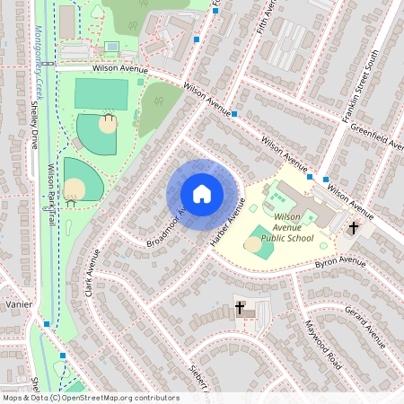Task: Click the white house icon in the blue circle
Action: coord(202,193)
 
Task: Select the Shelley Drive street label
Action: coord(35,125)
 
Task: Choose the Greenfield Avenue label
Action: coord(377,135)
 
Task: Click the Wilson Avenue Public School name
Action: coord(287,228)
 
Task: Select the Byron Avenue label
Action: coord(340,263)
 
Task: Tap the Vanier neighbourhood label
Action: coord(17,305)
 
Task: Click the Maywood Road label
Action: coord(323,346)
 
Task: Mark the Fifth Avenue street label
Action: coord(264,18)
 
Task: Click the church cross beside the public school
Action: coord(354,228)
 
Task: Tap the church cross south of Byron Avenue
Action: coord(241,308)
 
